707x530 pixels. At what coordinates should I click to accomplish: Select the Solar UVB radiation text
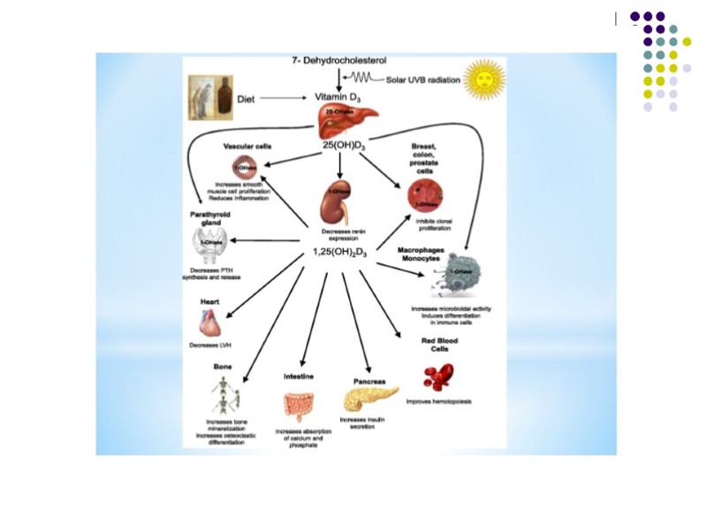click(423, 80)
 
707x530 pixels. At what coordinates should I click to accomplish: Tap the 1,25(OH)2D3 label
click(339, 254)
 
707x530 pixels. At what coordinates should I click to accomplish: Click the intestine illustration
click(298, 404)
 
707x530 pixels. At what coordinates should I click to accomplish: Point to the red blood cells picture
click(437, 376)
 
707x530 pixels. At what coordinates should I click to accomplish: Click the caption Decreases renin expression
click(339, 235)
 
